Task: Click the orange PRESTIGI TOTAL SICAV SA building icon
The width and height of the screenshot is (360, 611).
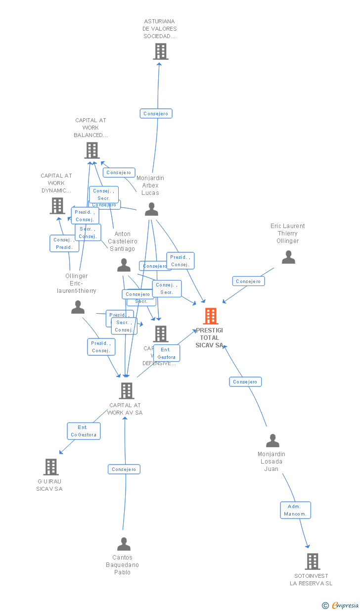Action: (x=211, y=316)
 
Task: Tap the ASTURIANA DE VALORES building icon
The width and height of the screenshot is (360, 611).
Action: (x=160, y=51)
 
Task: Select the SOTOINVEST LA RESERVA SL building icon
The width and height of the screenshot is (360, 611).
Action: (x=312, y=562)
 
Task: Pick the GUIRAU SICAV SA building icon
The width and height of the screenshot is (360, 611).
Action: (x=51, y=467)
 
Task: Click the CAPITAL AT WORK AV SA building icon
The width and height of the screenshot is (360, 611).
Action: (x=127, y=391)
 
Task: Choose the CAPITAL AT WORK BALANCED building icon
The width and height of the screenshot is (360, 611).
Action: (x=92, y=150)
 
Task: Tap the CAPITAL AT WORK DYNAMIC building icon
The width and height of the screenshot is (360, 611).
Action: (x=57, y=206)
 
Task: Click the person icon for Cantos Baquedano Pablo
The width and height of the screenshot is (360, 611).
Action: (x=124, y=544)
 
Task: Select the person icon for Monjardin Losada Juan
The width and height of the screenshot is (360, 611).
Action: (x=272, y=441)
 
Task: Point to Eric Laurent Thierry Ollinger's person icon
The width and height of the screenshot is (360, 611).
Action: (x=288, y=257)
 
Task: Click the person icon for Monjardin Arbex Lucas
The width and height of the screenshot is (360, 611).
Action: (x=151, y=209)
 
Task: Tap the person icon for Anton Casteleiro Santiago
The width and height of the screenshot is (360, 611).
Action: (x=124, y=266)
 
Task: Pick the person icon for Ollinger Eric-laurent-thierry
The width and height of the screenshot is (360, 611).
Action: (x=78, y=307)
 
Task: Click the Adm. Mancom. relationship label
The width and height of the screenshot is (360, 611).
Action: (x=295, y=510)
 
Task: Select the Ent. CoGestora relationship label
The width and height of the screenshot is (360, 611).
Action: (x=84, y=431)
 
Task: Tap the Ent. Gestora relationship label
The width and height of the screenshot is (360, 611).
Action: (x=167, y=353)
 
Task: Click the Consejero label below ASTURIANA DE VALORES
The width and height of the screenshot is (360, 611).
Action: (x=156, y=114)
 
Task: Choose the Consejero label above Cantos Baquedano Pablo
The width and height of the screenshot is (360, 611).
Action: (x=124, y=469)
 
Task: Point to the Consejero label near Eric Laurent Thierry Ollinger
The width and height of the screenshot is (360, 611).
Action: (x=248, y=281)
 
